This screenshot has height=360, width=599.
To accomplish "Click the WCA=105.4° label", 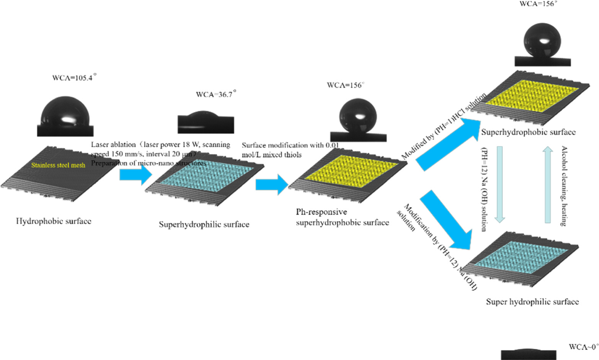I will pyautogui.click(x=74, y=78).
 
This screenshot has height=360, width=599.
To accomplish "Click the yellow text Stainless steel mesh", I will pyautogui.click(x=58, y=165).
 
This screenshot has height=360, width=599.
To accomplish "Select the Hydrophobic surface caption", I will pyautogui.click(x=54, y=221).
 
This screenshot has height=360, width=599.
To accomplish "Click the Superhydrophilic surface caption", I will pyautogui.click(x=204, y=224).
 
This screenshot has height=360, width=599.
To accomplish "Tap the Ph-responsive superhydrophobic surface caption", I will pyautogui.click(x=342, y=217).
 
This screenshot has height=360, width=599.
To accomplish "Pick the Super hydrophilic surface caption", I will pyautogui.click(x=532, y=302).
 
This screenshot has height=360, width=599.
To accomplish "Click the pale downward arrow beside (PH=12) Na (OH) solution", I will pyautogui.click(x=500, y=184).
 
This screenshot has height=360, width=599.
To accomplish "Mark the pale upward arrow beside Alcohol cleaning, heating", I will pyautogui.click(x=548, y=184).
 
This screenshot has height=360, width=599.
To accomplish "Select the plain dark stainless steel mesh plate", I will pyautogui.click(x=57, y=172).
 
